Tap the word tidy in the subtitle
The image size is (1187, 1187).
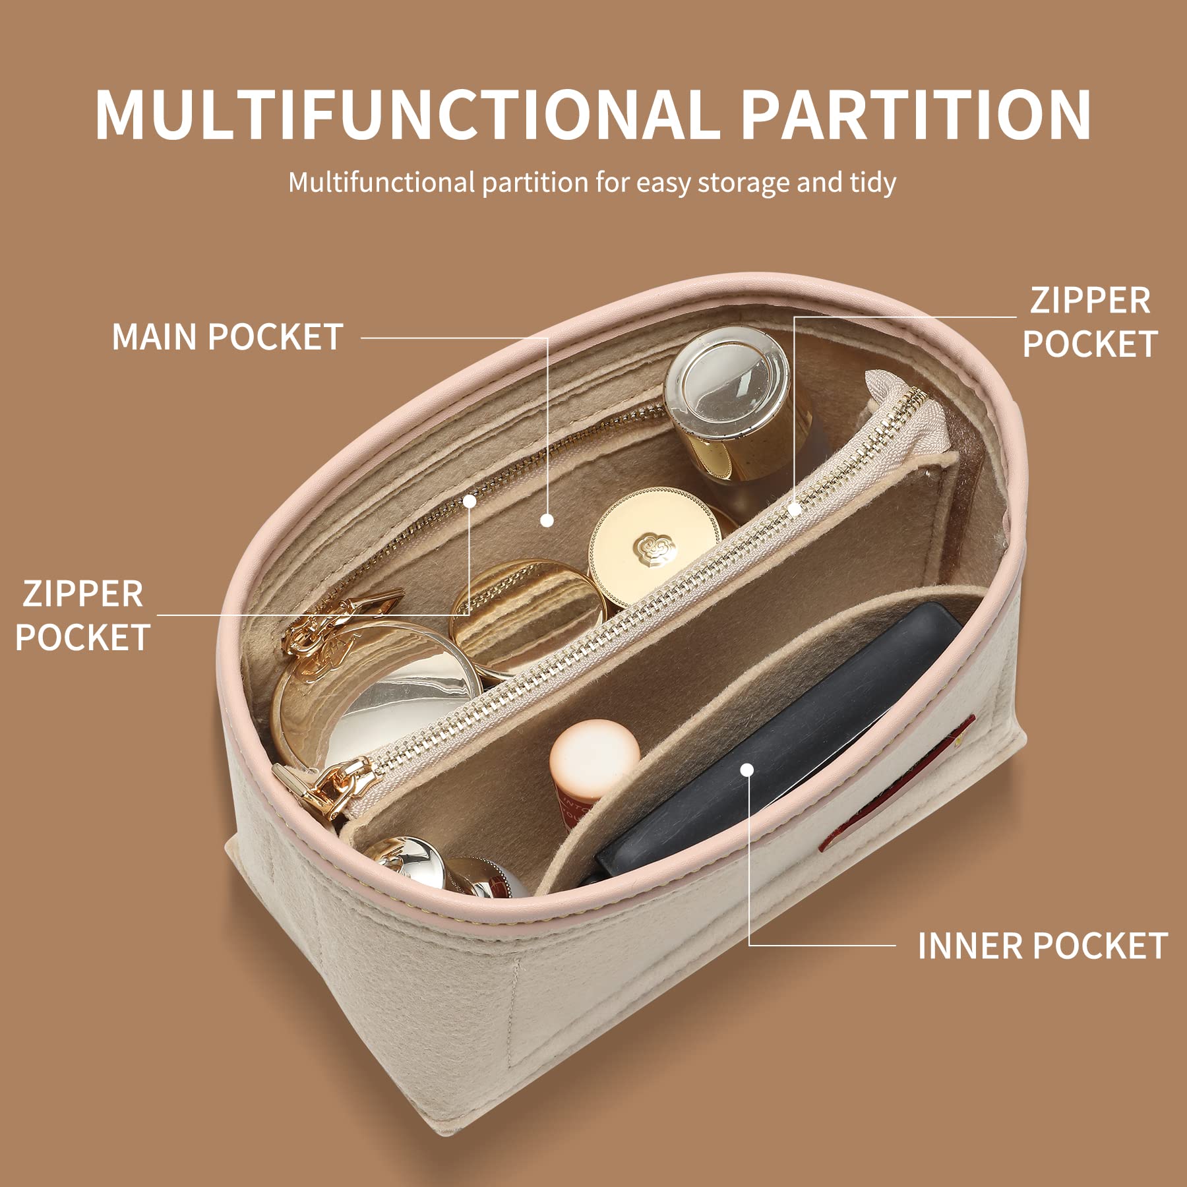872,183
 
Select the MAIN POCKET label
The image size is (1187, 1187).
228,337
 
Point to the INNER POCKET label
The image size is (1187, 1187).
1042,946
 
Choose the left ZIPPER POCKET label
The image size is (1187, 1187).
82,615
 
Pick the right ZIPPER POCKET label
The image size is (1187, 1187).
1089,322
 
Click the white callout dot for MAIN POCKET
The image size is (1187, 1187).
547,520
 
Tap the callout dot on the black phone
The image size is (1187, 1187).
746,770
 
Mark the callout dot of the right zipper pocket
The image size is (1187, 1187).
795,509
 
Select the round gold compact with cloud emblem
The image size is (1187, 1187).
653,544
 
